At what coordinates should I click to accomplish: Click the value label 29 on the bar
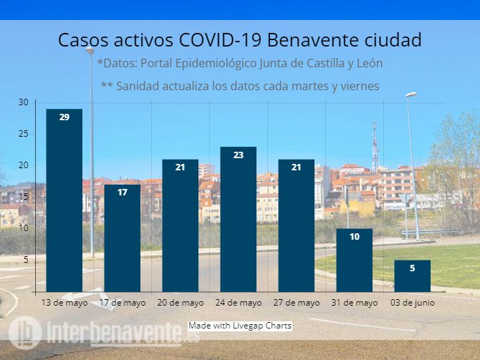[64, 117]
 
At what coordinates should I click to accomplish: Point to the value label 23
[238, 155]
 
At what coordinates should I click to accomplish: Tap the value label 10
[354, 236]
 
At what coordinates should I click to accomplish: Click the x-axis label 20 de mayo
[181, 303]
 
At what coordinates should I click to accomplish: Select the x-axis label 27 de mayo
[297, 303]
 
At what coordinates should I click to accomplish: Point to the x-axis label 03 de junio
[413, 303]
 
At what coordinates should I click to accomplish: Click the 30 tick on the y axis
[23, 102]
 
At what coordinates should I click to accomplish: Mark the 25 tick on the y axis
[23, 134]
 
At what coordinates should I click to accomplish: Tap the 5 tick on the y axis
[25, 260]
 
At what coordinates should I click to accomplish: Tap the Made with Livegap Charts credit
[240, 326]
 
